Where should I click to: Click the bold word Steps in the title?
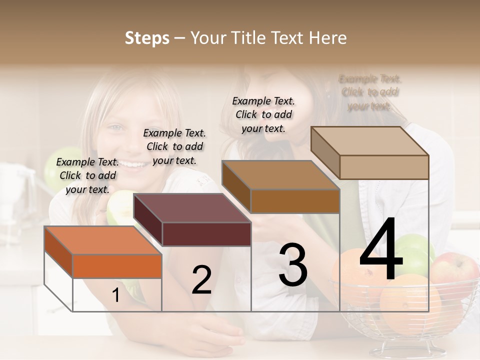(147, 38)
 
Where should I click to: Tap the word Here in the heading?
(328, 38)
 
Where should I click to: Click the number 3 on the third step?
(293, 265)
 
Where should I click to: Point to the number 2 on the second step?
(201, 280)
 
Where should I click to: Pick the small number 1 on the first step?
(116, 295)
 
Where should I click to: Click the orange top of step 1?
(103, 240)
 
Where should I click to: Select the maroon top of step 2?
(192, 208)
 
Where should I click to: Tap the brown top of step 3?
(280, 175)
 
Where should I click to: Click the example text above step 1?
(87, 175)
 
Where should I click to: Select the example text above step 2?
(174, 146)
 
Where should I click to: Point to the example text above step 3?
(263, 114)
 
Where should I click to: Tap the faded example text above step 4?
(369, 92)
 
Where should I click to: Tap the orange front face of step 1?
(117, 266)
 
